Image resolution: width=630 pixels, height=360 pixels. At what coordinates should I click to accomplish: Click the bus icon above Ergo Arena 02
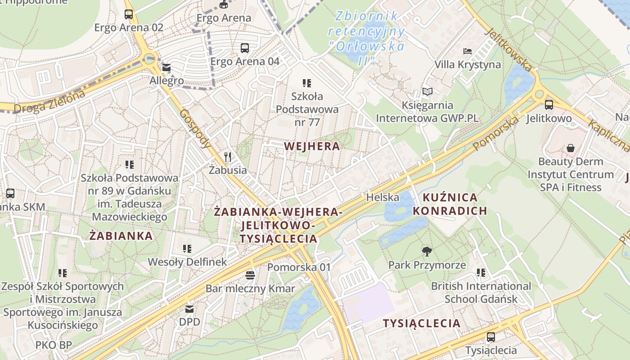pyautogui.click(x=129, y=14)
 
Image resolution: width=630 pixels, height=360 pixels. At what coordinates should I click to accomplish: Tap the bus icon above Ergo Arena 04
pyautogui.click(x=245, y=48)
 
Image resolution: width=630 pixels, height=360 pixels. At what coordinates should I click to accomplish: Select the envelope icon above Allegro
pyautogui.click(x=166, y=68)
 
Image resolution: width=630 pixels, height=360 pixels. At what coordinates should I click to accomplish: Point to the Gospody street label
pyautogui.click(x=195, y=129)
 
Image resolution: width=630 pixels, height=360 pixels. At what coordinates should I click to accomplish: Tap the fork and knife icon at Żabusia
pyautogui.click(x=228, y=157)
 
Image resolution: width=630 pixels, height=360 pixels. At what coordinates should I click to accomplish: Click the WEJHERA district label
pyautogui.click(x=312, y=146)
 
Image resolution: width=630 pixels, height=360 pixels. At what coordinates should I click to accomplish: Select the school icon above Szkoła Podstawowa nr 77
pyautogui.click(x=307, y=83)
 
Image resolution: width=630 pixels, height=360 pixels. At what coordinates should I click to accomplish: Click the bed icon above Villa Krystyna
pyautogui.click(x=468, y=51)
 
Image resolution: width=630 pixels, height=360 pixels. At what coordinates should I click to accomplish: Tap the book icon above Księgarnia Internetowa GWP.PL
pyautogui.click(x=427, y=92)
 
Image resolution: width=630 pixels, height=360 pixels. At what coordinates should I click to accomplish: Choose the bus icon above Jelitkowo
pyautogui.click(x=549, y=105)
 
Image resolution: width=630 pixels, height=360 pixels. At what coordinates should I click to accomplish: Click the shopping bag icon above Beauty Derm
pyautogui.click(x=570, y=148)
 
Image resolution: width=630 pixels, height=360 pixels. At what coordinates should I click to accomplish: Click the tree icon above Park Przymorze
pyautogui.click(x=427, y=252)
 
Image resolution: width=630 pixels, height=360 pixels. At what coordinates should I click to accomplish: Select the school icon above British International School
pyautogui.click(x=481, y=273)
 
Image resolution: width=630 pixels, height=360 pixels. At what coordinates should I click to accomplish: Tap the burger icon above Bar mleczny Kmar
pyautogui.click(x=250, y=275)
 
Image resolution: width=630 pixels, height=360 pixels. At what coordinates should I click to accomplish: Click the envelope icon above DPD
pyautogui.click(x=189, y=309)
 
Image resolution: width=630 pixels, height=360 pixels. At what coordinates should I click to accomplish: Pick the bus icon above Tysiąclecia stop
pyautogui.click(x=491, y=337)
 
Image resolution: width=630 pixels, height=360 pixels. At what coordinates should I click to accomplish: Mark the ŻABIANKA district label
pyautogui.click(x=121, y=236)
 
